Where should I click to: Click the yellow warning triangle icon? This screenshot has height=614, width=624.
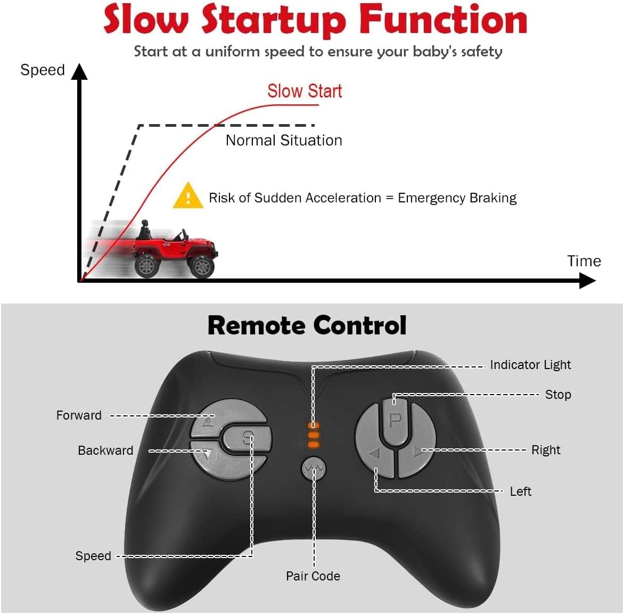[x=187, y=196]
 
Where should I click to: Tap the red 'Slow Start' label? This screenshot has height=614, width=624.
[x=304, y=91]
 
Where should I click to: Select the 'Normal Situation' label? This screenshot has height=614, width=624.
[x=284, y=140]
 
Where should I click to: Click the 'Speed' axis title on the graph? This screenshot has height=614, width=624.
[x=42, y=70]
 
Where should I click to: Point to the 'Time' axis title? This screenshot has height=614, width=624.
[x=584, y=261]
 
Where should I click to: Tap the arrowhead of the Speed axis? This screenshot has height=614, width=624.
[x=79, y=72]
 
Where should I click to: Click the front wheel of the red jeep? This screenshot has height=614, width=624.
[x=202, y=265]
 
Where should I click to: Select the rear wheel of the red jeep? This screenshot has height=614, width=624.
[x=146, y=264]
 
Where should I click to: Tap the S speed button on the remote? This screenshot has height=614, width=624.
[x=247, y=439]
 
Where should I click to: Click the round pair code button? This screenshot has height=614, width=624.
[x=314, y=468]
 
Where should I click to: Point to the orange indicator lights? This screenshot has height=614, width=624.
[x=314, y=435]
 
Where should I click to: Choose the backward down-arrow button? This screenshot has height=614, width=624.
[x=205, y=454]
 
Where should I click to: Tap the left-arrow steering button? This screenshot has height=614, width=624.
[x=375, y=454]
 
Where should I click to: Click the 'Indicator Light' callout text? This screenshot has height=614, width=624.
[x=530, y=365]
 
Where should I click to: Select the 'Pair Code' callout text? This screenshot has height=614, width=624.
[x=313, y=576]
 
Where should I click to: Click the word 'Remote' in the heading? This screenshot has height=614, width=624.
[x=255, y=325]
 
